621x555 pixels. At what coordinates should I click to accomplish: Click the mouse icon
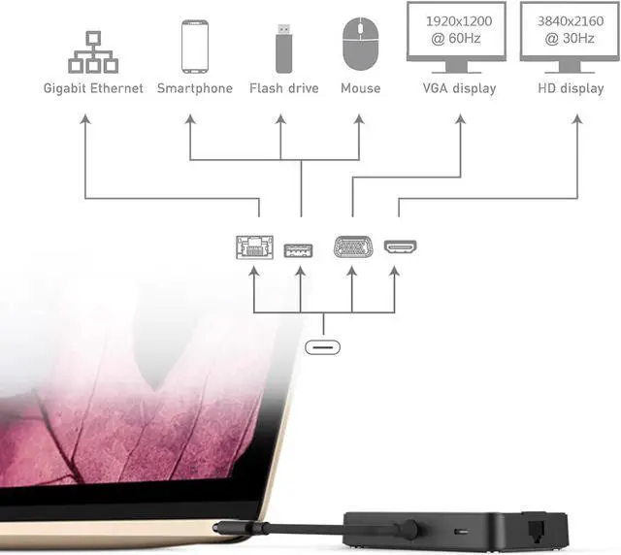click(360, 44)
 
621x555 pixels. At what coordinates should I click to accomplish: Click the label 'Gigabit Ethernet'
click(93, 88)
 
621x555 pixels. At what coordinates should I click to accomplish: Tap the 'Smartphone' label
click(195, 88)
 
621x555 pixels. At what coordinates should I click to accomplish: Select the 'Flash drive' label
click(283, 88)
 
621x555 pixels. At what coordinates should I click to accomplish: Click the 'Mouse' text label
click(360, 88)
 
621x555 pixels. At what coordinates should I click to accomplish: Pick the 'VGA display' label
click(459, 88)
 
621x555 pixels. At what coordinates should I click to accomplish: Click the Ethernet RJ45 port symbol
click(254, 248)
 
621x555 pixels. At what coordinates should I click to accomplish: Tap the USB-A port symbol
click(299, 249)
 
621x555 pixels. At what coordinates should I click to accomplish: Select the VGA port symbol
click(352, 247)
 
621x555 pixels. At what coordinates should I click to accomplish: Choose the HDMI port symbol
click(400, 248)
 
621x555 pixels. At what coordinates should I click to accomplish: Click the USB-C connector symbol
click(324, 346)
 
